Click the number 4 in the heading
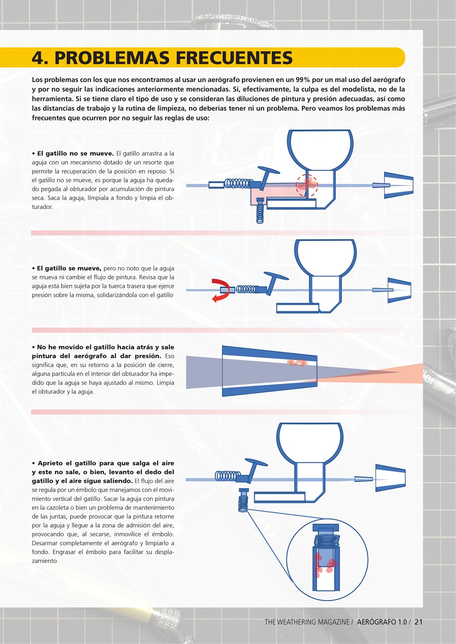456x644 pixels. (37, 57)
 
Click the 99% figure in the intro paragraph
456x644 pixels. (303, 79)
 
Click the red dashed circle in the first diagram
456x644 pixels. (306, 186)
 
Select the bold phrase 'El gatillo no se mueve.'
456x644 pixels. (73, 153)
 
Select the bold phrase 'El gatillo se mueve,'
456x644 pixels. (67, 268)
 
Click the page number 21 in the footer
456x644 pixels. (418, 621)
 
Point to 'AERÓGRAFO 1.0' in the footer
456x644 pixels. (382, 621)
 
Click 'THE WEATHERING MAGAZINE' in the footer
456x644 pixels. (307, 621)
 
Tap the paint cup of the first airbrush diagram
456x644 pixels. (320, 150)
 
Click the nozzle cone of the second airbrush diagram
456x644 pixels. (399, 290)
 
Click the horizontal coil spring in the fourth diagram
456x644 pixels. (228, 476)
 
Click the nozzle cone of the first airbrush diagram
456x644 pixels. (399, 185)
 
